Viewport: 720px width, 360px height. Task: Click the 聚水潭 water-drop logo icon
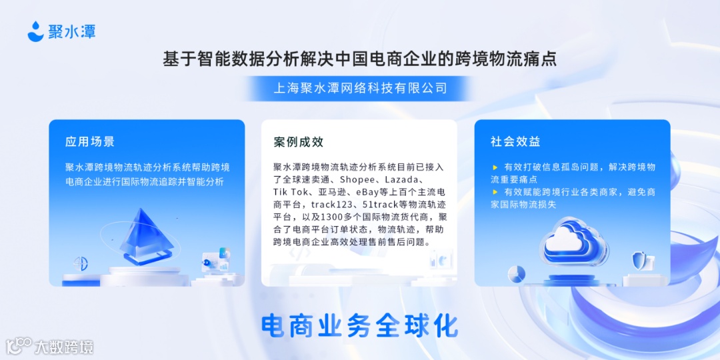pyautogui.click(x=35, y=31)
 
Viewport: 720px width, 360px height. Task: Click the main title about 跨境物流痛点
pyautogui.click(x=360, y=59)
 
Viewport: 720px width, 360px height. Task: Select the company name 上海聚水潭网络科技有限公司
pyautogui.click(x=360, y=88)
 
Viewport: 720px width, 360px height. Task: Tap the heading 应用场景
pyautogui.click(x=90, y=141)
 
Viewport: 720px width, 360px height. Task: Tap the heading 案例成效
pyautogui.click(x=299, y=141)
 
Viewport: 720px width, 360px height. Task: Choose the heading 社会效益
pyautogui.click(x=515, y=141)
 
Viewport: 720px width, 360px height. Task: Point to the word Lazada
pyautogui.click(x=401, y=179)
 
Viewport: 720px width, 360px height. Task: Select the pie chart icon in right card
pyautogui.click(x=517, y=273)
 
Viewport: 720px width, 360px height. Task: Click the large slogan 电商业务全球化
pyautogui.click(x=360, y=325)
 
